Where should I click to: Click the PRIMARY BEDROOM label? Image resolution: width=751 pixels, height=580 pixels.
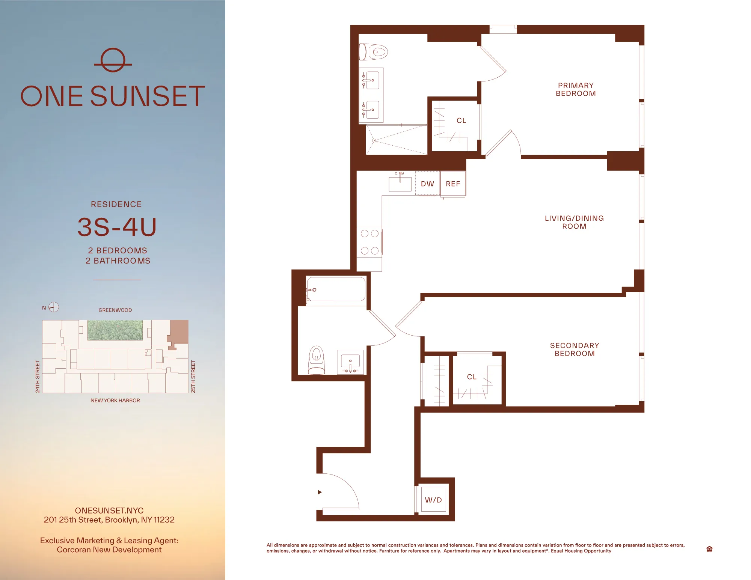point(576,89)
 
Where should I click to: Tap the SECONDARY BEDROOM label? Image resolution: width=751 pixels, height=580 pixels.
point(575,349)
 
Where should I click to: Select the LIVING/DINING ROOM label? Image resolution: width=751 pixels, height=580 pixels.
point(574,222)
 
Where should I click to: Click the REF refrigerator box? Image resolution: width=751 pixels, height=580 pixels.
point(453,184)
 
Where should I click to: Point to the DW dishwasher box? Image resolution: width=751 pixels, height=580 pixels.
point(427,184)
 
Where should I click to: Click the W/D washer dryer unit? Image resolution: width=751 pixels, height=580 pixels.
point(433,500)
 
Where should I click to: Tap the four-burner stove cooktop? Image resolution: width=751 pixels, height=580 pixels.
point(369,242)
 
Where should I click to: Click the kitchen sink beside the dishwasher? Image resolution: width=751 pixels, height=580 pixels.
point(400,184)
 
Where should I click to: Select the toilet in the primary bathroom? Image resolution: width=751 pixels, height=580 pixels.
point(374,52)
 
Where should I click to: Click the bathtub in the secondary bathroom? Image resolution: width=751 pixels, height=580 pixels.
point(336,289)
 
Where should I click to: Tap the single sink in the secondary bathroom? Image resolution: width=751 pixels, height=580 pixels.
point(350,362)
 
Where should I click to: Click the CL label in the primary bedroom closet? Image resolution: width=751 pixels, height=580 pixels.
point(461,121)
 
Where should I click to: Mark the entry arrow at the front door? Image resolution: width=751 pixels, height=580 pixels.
point(320,492)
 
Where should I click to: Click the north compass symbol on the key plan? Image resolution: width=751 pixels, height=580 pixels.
point(54,307)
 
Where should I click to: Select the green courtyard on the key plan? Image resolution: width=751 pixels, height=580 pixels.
point(115,330)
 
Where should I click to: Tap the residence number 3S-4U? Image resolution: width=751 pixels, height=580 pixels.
point(117,227)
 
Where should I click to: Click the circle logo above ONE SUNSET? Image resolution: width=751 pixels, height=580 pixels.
point(113,60)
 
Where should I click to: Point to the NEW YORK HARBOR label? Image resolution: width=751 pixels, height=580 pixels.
point(115,400)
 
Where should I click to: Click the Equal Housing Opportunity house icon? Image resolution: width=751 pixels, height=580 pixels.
point(709,549)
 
